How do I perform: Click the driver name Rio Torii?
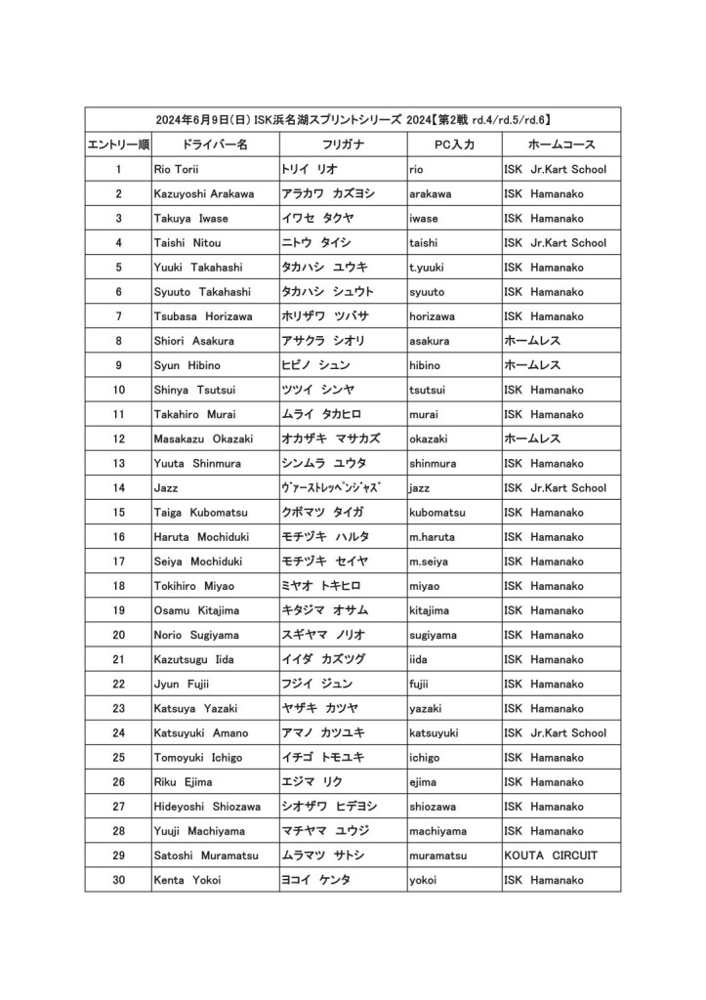pos(177,169)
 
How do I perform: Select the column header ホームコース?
pos(555,145)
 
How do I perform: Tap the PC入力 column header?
pos(454,145)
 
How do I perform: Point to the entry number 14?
pos(118,487)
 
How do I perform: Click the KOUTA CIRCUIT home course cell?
pos(551,855)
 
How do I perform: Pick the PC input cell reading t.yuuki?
pos(428,267)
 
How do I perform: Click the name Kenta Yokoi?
pos(187,880)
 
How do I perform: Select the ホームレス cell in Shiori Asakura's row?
pos(532,341)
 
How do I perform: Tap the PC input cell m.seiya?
pos(430,562)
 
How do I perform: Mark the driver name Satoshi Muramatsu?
pos(206,855)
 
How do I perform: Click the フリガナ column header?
pos(343,145)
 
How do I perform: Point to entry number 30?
pos(118,880)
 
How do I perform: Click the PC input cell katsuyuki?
pos(435,732)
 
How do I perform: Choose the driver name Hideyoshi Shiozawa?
pos(207,807)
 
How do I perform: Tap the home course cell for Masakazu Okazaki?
pos(532,438)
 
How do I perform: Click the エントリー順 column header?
pos(118,145)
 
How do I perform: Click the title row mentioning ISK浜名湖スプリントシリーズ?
pos(353,119)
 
